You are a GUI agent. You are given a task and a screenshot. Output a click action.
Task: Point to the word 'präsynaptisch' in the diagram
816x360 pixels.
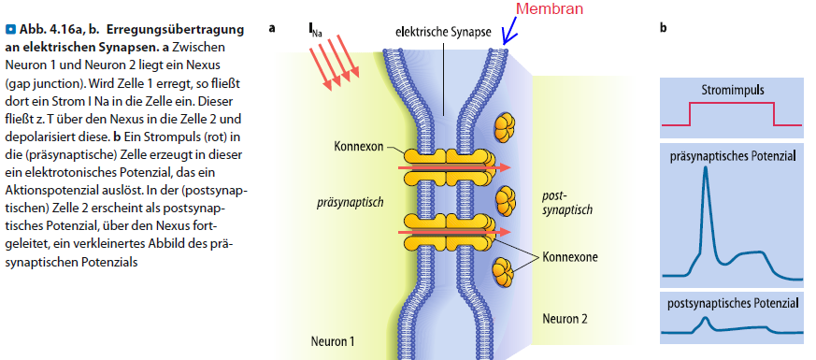[x=345, y=201]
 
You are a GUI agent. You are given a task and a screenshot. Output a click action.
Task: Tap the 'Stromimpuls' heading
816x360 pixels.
[x=732, y=91]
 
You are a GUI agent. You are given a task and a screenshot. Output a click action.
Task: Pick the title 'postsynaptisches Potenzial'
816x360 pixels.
[x=732, y=304]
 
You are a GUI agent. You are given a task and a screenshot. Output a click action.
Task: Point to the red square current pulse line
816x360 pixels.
[x=732, y=106]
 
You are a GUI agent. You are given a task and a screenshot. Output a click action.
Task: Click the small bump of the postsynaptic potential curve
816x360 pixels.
[x=702, y=319]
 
